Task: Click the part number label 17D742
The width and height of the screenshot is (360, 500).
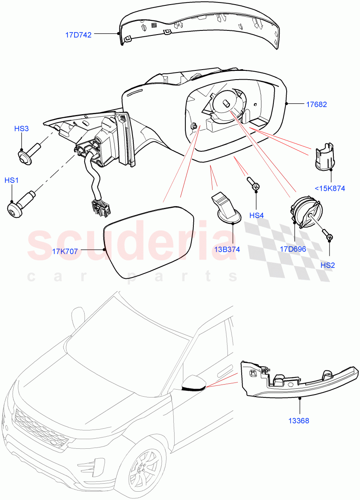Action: [78, 35]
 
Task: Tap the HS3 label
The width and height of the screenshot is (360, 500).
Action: [22, 129]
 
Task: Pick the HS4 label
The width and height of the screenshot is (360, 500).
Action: [257, 215]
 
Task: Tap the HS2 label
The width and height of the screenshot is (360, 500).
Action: [327, 265]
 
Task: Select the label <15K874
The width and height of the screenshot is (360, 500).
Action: [330, 188]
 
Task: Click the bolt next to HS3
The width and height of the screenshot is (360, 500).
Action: [29, 151]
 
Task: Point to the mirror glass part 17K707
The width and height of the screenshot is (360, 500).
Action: [148, 241]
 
